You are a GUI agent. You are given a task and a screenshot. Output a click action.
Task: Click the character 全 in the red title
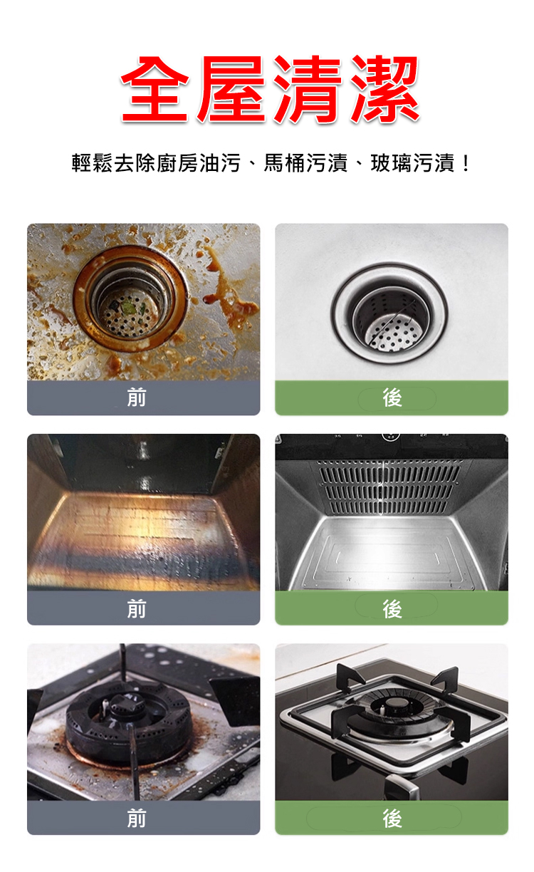coord(155,90)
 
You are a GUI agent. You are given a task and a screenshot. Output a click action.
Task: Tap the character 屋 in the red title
coord(231,90)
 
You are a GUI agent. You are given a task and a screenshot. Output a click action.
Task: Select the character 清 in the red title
coord(308,90)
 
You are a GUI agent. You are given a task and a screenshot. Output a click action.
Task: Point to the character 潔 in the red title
coord(384,90)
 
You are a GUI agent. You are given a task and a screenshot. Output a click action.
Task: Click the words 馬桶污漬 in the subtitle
coord(305,162)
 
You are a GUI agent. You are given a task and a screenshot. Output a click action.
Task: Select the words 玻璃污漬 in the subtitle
coord(412,162)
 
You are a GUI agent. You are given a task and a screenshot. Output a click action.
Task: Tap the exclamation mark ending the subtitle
coord(465,162)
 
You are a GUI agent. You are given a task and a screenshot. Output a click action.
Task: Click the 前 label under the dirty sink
coord(137,398)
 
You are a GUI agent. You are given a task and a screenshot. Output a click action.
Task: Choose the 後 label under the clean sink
coord(392,398)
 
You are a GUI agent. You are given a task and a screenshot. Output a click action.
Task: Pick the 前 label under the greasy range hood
coord(137,609)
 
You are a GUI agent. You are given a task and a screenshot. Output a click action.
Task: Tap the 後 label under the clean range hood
coord(392,609)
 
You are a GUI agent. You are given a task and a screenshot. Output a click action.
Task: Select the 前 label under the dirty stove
coord(137,819)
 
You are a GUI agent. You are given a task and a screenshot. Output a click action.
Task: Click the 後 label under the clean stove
coord(392,819)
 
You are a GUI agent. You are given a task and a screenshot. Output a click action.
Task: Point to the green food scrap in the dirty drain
coord(128,308)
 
